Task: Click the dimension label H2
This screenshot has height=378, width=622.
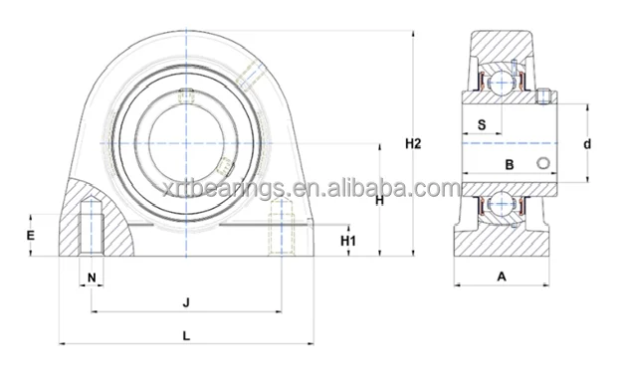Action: pos(414,144)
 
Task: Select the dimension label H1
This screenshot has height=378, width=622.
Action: pos(348,240)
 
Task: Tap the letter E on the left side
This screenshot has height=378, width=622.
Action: pos(31,236)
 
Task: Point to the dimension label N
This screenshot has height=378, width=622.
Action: pos(92,278)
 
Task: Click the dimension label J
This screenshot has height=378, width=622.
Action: pos(186,301)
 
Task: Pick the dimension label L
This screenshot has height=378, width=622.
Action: pos(187,335)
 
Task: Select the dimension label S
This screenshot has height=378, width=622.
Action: pos(481,125)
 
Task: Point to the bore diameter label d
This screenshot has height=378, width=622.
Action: pos(587,145)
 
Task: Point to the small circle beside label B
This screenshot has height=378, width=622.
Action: pos(542,163)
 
